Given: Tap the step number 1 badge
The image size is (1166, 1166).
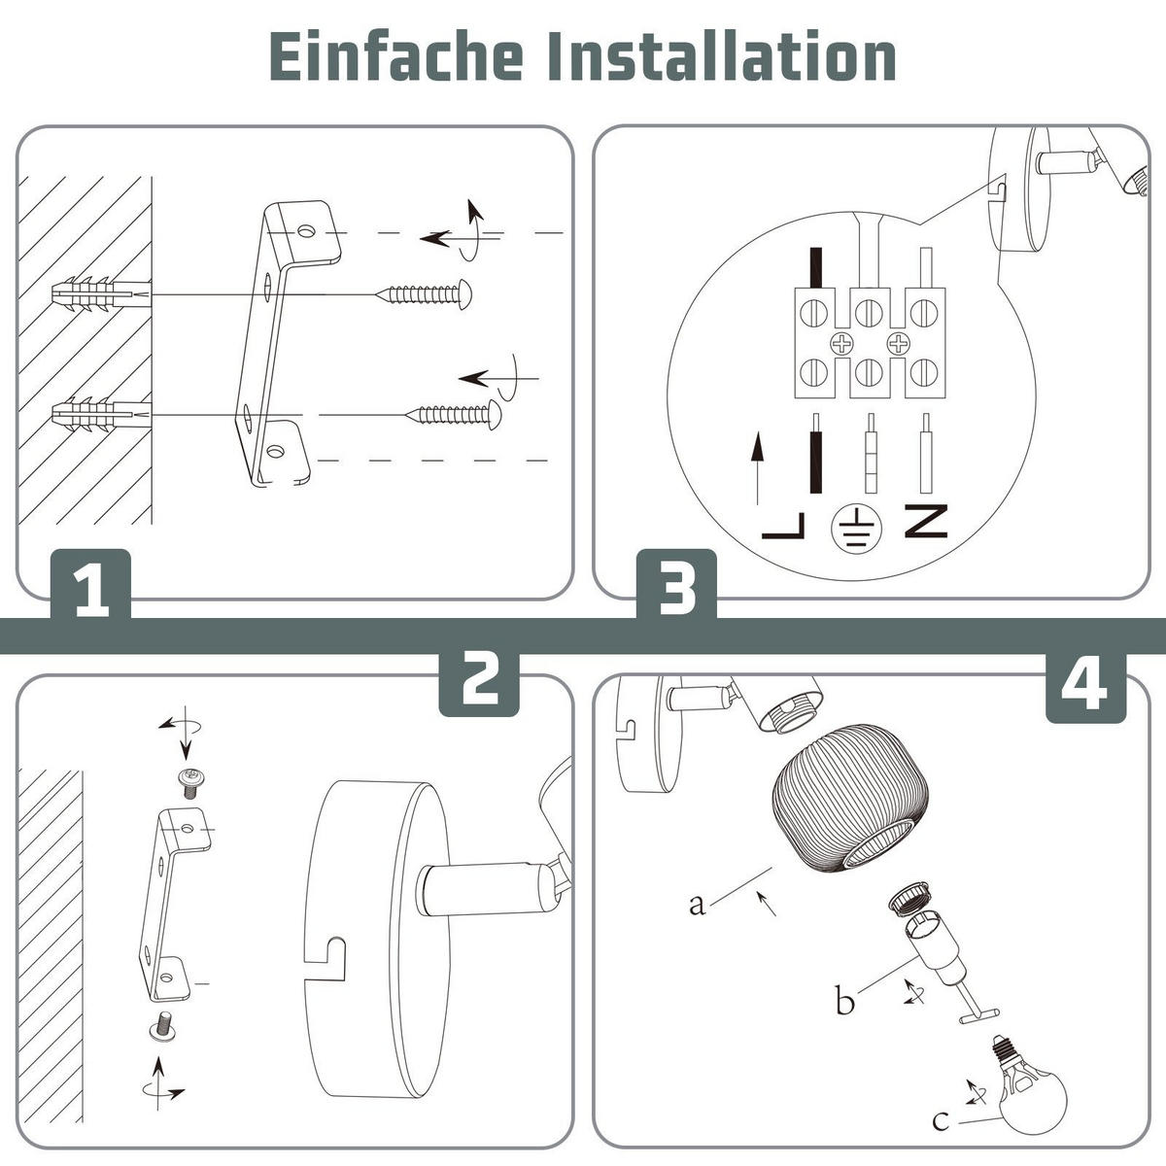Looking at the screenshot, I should point(90,586).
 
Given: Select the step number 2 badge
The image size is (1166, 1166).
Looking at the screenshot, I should point(479,679).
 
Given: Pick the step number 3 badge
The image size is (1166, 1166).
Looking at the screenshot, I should point(677,584).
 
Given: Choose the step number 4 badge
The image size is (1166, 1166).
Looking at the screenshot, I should point(1084,686).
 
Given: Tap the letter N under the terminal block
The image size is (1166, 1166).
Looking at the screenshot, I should point(925,522).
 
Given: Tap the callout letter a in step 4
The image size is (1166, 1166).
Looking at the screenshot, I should point(696,905).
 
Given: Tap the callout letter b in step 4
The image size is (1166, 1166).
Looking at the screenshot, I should point(844,1000).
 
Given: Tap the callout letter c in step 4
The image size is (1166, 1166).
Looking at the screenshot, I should point(940,1121).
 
